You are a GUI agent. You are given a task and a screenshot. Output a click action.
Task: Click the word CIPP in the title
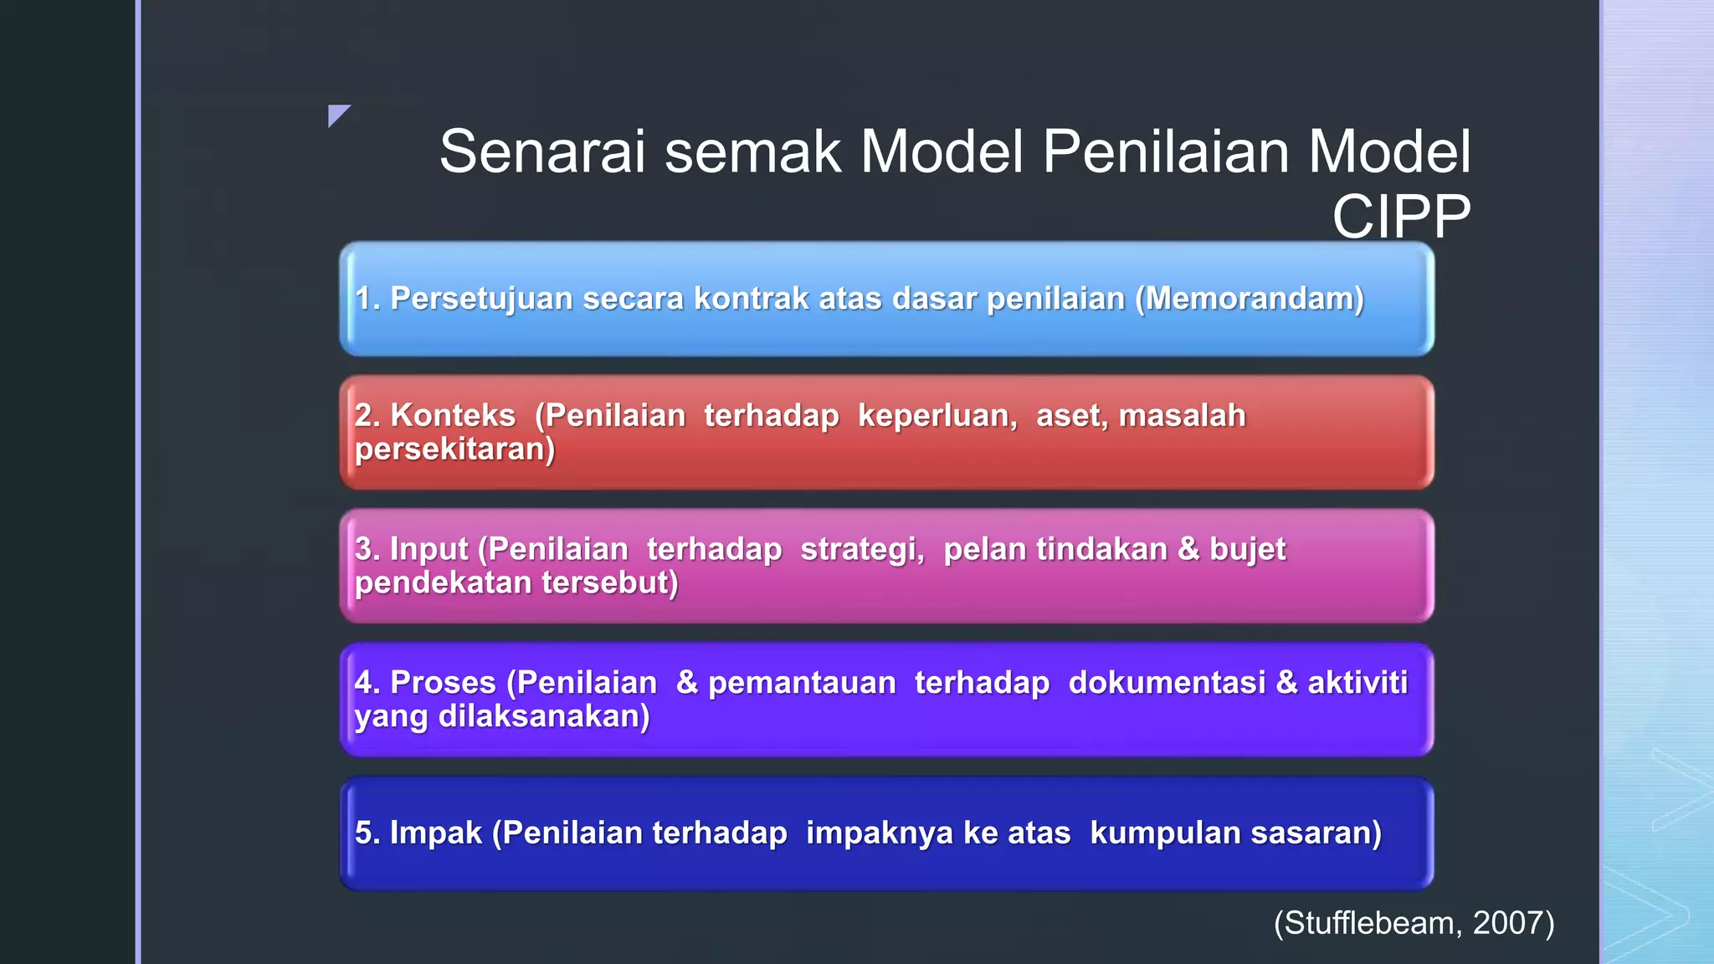[1401, 217]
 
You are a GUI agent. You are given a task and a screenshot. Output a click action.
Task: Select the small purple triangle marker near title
[337, 114]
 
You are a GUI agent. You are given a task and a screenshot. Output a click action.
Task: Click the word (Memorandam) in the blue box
[1250, 299]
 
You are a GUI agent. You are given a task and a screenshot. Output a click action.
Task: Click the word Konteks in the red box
[453, 415]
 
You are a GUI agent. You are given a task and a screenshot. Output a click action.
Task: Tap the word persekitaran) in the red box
[454, 449]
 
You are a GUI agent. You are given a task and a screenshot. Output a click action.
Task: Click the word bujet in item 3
[1247, 549]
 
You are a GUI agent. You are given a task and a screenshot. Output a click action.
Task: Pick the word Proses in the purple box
[443, 682]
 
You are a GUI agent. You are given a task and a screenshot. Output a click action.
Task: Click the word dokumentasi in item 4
[1167, 682]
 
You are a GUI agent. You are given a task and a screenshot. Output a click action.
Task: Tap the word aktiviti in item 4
[1357, 682]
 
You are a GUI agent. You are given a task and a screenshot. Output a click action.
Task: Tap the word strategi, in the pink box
[862, 549]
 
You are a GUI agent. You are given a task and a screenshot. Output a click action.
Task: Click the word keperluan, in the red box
[937, 415]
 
